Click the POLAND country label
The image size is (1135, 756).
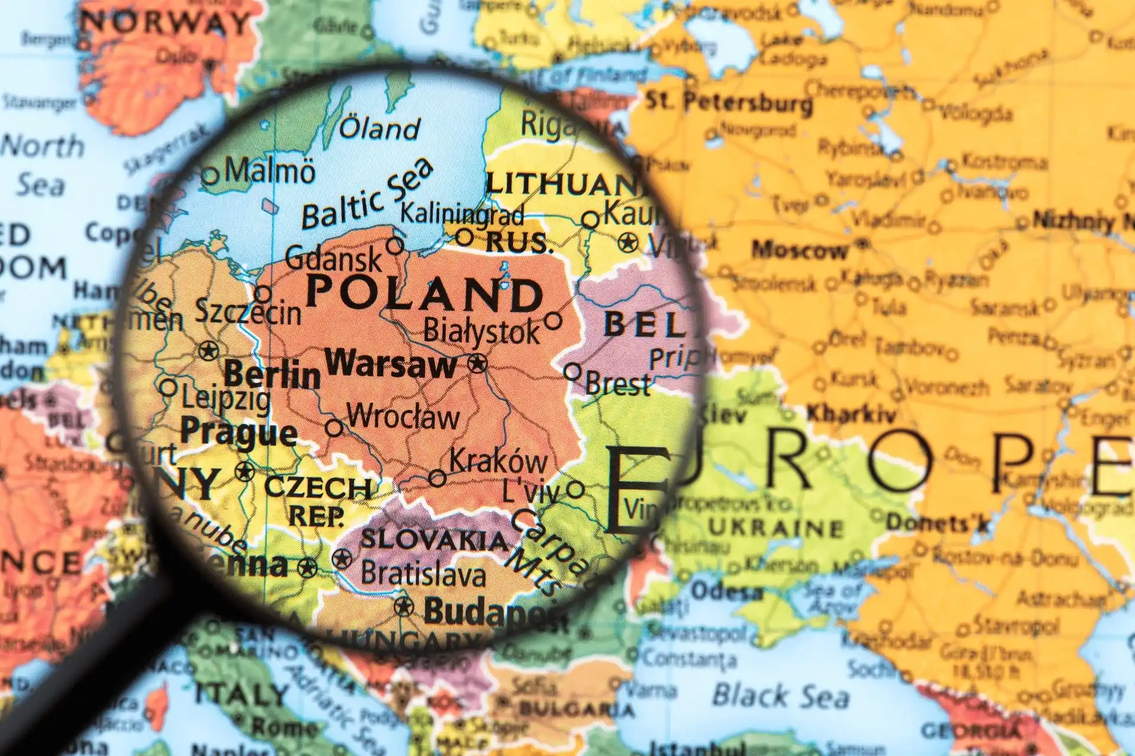click(424, 294)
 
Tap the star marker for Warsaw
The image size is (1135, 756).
click(477, 363)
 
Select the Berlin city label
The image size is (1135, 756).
click(273, 374)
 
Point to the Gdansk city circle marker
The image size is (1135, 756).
click(395, 245)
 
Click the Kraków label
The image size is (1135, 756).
click(498, 461)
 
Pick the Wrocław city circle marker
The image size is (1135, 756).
click(335, 428)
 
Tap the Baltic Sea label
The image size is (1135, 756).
click(367, 195)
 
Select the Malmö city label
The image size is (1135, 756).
click(270, 171)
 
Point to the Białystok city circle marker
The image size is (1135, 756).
click(553, 321)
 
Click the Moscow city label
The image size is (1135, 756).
click(799, 250)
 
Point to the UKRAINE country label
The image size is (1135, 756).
click(776, 527)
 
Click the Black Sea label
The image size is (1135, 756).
click(780, 695)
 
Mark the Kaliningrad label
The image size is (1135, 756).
click(462, 213)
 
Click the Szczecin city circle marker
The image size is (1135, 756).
click(262, 294)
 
